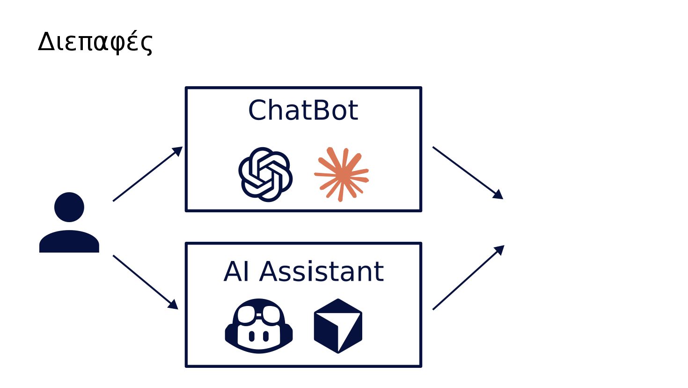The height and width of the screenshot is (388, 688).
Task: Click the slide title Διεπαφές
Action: (x=95, y=42)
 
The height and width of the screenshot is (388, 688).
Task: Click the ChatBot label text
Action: (x=303, y=111)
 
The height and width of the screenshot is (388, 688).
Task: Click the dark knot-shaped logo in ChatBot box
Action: (x=265, y=174)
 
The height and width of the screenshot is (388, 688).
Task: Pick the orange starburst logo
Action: (x=341, y=174)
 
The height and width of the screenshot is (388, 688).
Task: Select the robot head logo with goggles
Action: (x=259, y=326)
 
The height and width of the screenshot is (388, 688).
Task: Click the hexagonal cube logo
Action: (x=338, y=326)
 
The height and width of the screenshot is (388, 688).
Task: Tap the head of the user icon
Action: (x=69, y=207)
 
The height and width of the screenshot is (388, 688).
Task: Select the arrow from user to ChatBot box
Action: (x=147, y=174)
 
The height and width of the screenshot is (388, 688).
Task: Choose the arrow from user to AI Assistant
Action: (x=145, y=282)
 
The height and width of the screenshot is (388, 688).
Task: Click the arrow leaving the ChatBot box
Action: (x=467, y=172)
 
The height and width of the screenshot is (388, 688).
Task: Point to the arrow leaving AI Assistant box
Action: (x=468, y=277)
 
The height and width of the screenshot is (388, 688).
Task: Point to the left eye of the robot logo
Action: (x=252, y=336)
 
